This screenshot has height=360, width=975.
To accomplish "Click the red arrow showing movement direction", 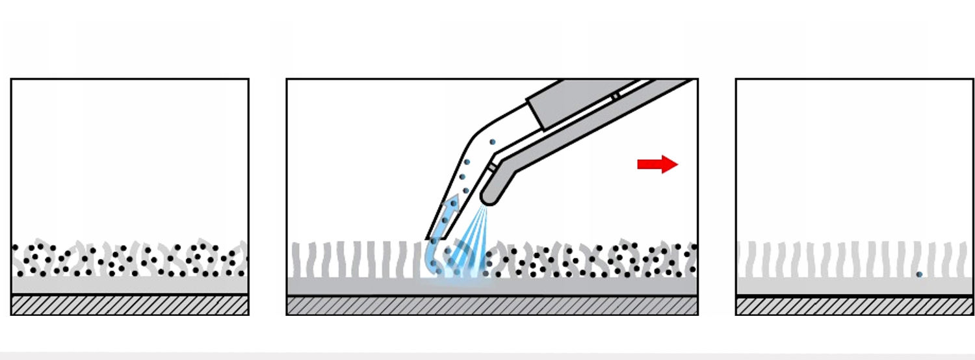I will [656, 164].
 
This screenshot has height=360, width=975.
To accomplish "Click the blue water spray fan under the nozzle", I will [472, 244].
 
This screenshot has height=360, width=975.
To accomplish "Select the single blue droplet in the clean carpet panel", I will [919, 275].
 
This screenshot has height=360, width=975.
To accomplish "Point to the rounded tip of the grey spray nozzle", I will [489, 195].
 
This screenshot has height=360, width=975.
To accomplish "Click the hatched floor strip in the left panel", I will [130, 305].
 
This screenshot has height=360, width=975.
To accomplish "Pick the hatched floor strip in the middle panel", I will [492, 306].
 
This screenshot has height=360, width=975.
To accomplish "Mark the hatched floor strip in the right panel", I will [854, 306].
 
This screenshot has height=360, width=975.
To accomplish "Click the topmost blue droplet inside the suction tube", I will [493, 142].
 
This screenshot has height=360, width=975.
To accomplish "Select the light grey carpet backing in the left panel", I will [130, 285].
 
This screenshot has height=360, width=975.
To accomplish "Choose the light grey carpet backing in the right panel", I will [854, 285].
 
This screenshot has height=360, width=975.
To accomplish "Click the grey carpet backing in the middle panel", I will [585, 287].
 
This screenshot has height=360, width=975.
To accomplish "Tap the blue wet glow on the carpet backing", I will [455, 281].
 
